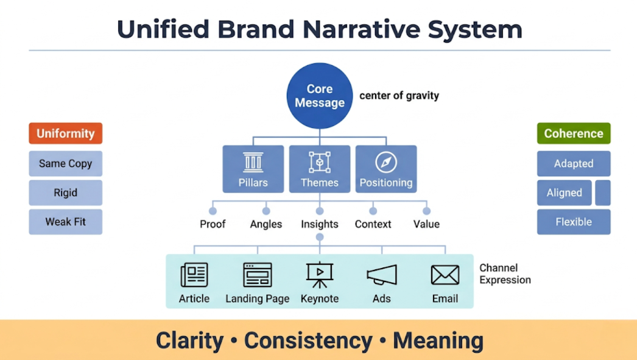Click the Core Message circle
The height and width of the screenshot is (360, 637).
pyautogui.click(x=319, y=96)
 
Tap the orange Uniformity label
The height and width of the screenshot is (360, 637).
pyautogui.click(x=65, y=133)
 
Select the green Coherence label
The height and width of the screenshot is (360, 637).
pyautogui.click(x=573, y=133)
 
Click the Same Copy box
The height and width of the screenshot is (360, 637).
pyautogui.click(x=65, y=163)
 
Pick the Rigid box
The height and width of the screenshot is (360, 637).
pyautogui.click(x=65, y=192)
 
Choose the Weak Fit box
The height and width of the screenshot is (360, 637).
pyautogui.click(x=65, y=222)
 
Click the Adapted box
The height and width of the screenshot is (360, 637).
pyautogui.click(x=573, y=163)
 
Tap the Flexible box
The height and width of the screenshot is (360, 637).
pyautogui.click(x=573, y=222)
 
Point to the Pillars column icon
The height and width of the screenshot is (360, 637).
pyautogui.click(x=253, y=162)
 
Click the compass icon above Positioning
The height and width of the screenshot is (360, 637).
pyautogui.click(x=386, y=162)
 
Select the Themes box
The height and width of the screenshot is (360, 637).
pyautogui.click(x=319, y=169)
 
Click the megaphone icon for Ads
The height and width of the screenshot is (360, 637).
pyautogui.click(x=382, y=275)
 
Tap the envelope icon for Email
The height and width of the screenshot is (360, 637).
pyautogui.click(x=445, y=275)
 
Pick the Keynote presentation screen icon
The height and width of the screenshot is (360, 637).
pyautogui.click(x=319, y=275)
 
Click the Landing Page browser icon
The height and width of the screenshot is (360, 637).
pyautogui.click(x=257, y=275)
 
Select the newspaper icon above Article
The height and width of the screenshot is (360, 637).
pyautogui.click(x=194, y=275)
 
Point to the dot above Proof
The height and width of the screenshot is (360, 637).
pyautogui.click(x=213, y=211)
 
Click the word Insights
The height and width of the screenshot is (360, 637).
pyautogui.click(x=319, y=224)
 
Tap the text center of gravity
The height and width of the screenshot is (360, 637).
pyautogui.click(x=399, y=96)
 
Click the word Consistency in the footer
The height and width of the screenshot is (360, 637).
pyautogui.click(x=308, y=341)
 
